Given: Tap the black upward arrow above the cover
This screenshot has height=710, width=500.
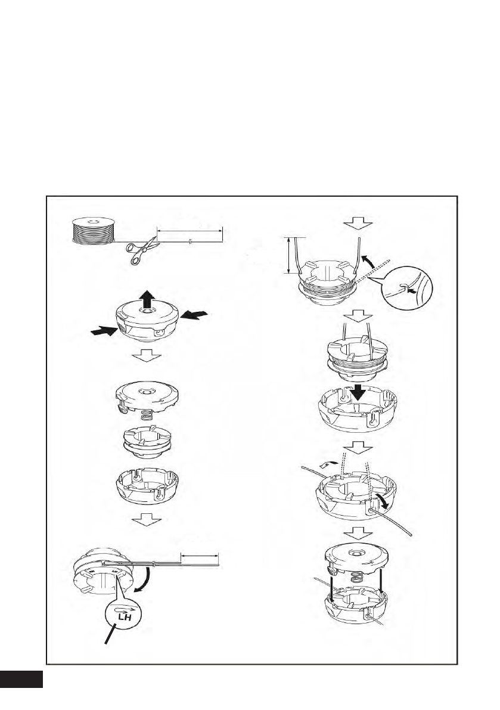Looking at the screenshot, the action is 147,296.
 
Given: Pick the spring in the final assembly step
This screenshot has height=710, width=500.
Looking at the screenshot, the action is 355,578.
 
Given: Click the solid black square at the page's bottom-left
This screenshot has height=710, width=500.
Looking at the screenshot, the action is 21,680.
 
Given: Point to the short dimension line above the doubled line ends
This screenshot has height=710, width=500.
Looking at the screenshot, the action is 200,554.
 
